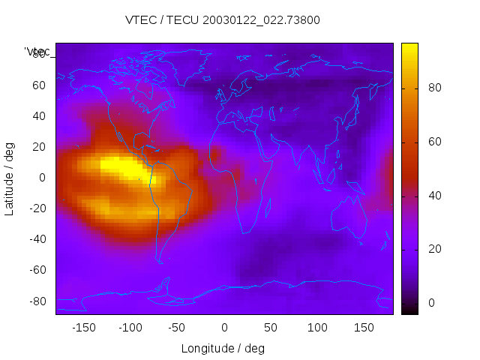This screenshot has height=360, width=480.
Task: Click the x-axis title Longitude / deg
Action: click(x=223, y=349)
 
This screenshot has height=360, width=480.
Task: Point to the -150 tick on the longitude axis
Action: click(x=84, y=328)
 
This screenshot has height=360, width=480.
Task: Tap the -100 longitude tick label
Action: click(x=130, y=328)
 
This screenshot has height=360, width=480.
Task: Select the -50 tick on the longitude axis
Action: click(x=178, y=328)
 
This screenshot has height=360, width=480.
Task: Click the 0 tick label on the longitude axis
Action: click(x=224, y=328)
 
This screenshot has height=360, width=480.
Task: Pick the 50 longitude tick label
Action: click(x=271, y=328)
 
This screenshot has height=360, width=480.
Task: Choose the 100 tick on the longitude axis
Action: click(x=317, y=328)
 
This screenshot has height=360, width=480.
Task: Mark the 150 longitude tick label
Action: click(x=364, y=328)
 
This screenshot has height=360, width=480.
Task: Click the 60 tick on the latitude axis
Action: click(x=39, y=85)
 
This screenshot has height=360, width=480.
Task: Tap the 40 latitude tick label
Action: click(x=39, y=116)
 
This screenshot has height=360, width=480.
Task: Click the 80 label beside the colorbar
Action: click(x=434, y=88)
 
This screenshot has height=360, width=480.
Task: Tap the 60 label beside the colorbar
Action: click(x=434, y=142)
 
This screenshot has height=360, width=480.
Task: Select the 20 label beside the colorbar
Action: click(x=434, y=249)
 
